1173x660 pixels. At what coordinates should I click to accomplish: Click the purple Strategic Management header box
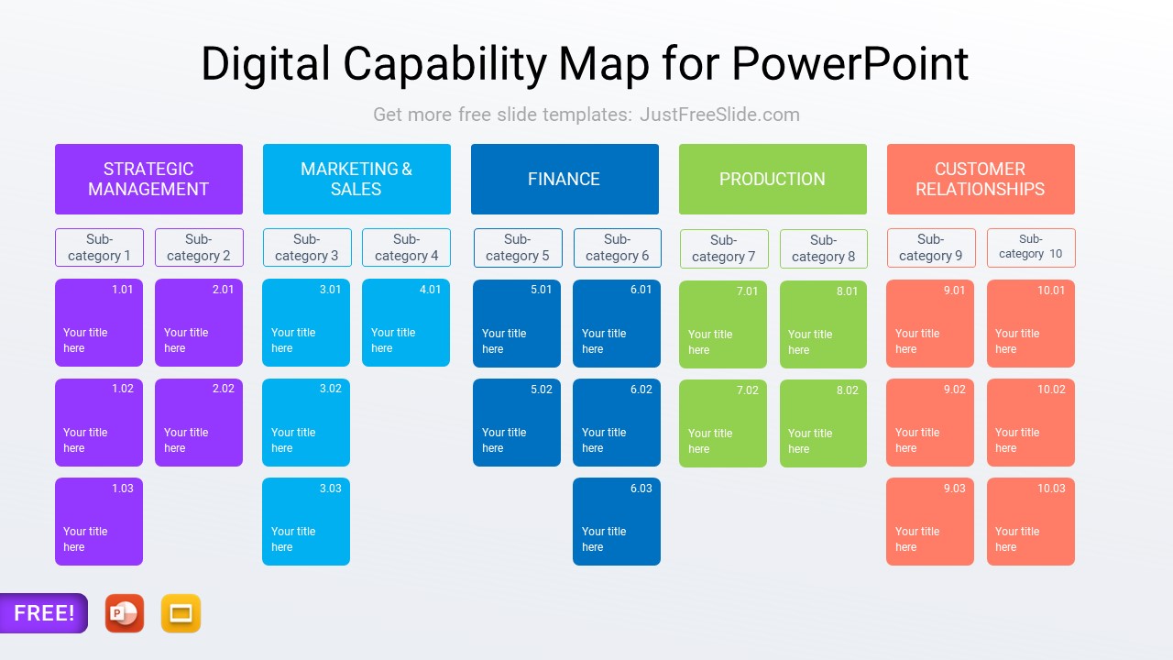tap(148, 179)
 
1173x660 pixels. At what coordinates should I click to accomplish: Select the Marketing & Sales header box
tap(356, 179)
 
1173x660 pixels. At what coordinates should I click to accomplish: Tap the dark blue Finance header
tap(565, 179)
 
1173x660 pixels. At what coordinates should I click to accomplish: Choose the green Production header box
tap(773, 179)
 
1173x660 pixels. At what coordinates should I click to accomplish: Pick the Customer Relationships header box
tap(981, 179)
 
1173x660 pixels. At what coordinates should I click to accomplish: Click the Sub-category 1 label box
tap(99, 247)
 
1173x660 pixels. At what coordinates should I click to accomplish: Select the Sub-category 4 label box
tap(406, 247)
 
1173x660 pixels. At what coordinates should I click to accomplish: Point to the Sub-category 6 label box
tap(617, 247)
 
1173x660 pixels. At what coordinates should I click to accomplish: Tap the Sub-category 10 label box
tap(1031, 247)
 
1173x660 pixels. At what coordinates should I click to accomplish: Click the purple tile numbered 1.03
tap(99, 522)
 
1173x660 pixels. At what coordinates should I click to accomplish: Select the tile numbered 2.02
tap(199, 423)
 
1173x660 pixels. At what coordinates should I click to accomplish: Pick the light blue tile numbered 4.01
tap(406, 323)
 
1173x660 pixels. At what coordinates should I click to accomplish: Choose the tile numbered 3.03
tap(306, 522)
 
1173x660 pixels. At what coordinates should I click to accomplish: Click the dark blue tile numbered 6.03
tap(617, 522)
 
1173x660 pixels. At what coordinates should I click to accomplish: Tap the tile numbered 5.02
tap(517, 423)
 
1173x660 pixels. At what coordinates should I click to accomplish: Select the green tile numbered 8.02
tap(823, 423)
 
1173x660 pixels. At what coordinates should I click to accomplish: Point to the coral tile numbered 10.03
tap(1031, 522)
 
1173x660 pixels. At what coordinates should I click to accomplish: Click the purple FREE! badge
tap(43, 613)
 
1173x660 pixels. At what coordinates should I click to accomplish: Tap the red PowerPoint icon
tap(125, 613)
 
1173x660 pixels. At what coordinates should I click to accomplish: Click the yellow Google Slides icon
tap(181, 613)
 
